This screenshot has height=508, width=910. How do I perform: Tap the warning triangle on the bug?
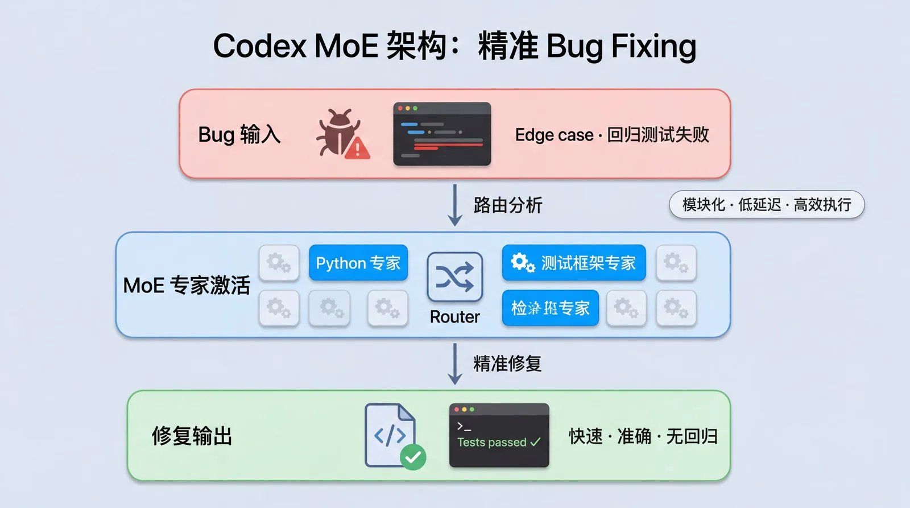click(x=357, y=148)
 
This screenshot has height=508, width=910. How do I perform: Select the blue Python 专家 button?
click(x=358, y=263)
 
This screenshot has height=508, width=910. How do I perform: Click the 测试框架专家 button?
click(x=573, y=263)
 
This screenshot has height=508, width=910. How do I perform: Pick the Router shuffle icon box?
click(x=454, y=277)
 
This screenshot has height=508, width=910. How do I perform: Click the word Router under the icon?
click(x=454, y=317)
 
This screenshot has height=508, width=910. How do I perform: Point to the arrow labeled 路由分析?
click(x=454, y=205)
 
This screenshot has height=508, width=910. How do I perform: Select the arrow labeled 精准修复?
click(x=454, y=364)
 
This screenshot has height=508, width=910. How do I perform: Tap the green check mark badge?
click(x=413, y=456)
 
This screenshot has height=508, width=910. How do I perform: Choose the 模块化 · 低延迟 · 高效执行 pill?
click(x=766, y=205)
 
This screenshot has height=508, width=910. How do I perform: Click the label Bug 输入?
click(x=239, y=135)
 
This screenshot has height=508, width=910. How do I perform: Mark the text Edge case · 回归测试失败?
click(x=612, y=135)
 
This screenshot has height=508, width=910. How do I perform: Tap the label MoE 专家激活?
click(x=187, y=285)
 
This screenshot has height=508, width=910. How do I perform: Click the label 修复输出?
click(x=192, y=436)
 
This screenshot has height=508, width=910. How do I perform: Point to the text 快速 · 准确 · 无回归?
click(x=643, y=436)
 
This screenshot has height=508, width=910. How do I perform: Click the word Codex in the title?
click(x=259, y=46)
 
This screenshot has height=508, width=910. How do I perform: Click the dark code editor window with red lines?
click(x=442, y=134)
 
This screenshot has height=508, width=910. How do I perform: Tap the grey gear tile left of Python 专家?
click(x=279, y=263)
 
